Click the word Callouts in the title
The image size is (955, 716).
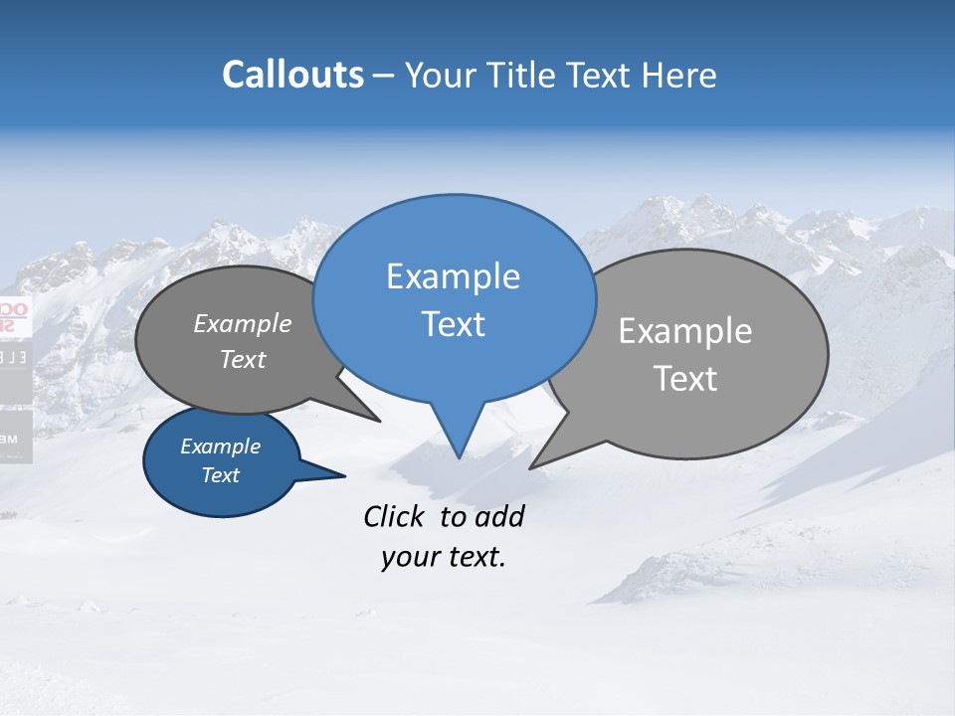292,75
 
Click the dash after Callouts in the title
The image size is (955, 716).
384,77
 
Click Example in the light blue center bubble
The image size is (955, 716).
453,276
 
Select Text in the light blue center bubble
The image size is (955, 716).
453,324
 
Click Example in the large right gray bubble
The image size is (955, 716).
685,331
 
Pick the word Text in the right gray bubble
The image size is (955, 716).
685,379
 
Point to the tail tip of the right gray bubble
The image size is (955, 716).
532,466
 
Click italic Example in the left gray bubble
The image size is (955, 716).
242,324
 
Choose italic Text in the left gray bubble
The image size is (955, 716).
242,359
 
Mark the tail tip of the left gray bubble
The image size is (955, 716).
378,420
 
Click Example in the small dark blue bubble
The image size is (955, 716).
220,447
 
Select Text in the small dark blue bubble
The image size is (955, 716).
220,475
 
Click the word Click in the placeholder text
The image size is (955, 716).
396,516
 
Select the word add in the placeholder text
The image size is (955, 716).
498,516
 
